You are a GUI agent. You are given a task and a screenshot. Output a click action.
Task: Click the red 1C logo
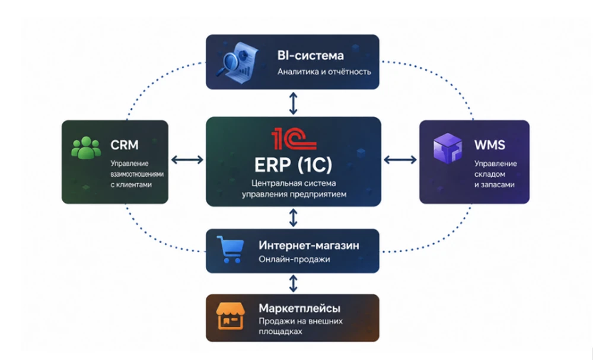coord(294,139)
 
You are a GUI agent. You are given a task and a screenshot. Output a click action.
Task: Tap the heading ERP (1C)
coord(293,165)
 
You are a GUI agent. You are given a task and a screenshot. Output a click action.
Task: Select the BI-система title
coord(311,56)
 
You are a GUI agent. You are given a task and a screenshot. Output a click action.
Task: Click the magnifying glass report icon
coord(237,60)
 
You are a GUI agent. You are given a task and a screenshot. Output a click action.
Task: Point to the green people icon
coord(86,148)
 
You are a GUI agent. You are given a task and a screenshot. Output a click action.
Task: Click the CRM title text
coord(125,145)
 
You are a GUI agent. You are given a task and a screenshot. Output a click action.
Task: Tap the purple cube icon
coord(448,148)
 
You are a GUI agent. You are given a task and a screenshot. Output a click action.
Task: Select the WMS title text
coord(489,145)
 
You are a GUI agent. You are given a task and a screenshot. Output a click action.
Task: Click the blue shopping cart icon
coord(230,250)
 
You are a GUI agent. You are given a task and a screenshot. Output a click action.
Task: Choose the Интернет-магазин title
coord(309,246)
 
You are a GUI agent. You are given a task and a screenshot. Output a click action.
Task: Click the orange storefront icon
coord(230,316)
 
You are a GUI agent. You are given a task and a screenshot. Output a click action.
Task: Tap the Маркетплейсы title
coord(299,308)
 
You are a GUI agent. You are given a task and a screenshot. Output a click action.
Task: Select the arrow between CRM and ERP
coord(187,160)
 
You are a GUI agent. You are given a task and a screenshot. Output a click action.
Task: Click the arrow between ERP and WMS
coord(400,160)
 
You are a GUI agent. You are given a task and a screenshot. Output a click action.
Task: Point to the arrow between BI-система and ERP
coord(293,103)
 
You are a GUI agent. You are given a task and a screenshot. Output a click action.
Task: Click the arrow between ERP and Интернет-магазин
coord(293,218)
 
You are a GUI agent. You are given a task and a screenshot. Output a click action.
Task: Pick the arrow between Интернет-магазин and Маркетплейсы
coord(293,283)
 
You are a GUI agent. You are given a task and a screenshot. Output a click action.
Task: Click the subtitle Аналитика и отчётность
coord(324,72)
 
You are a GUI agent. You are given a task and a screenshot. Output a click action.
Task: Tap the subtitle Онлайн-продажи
coord(294,259)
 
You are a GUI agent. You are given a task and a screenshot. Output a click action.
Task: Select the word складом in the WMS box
coord(490,174)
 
